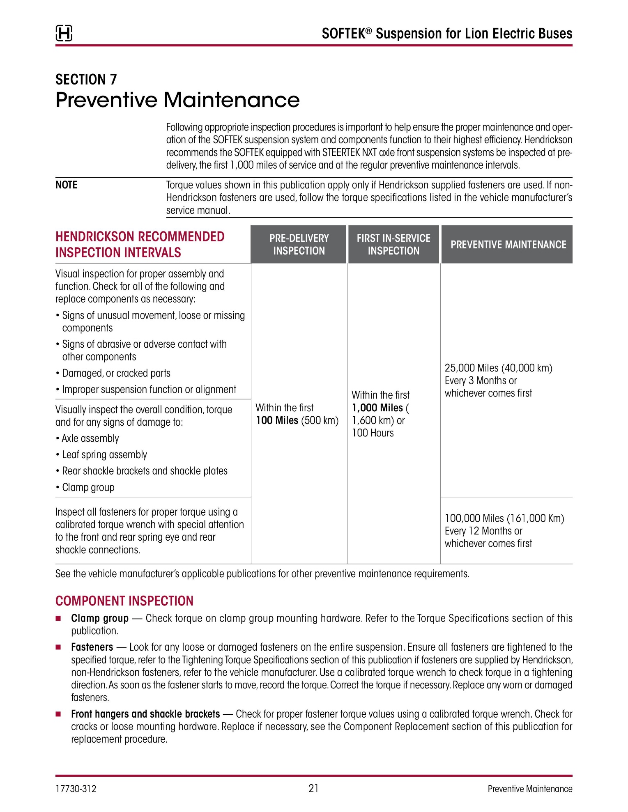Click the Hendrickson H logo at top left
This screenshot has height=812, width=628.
click(64, 33)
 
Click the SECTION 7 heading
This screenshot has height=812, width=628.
click(86, 79)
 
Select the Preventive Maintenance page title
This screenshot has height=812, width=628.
click(177, 100)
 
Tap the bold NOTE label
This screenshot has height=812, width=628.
click(67, 185)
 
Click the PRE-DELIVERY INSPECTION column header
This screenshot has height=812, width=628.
click(299, 244)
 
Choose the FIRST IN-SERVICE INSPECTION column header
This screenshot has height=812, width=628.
click(393, 244)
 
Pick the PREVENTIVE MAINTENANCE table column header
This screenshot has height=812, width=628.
click(508, 245)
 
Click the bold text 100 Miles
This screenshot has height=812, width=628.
click(277, 420)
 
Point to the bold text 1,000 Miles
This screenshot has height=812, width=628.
click(377, 408)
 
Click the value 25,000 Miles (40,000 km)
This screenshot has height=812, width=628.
click(498, 368)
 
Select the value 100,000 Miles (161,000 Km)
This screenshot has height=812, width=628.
click(504, 518)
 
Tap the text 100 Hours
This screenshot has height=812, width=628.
click(373, 433)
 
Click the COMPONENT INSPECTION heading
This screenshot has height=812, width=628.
click(124, 601)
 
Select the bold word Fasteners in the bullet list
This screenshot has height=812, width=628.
click(92, 647)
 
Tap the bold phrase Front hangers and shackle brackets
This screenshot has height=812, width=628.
click(145, 714)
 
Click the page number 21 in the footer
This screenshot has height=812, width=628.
click(313, 788)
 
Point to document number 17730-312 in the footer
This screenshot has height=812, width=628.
click(76, 789)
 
